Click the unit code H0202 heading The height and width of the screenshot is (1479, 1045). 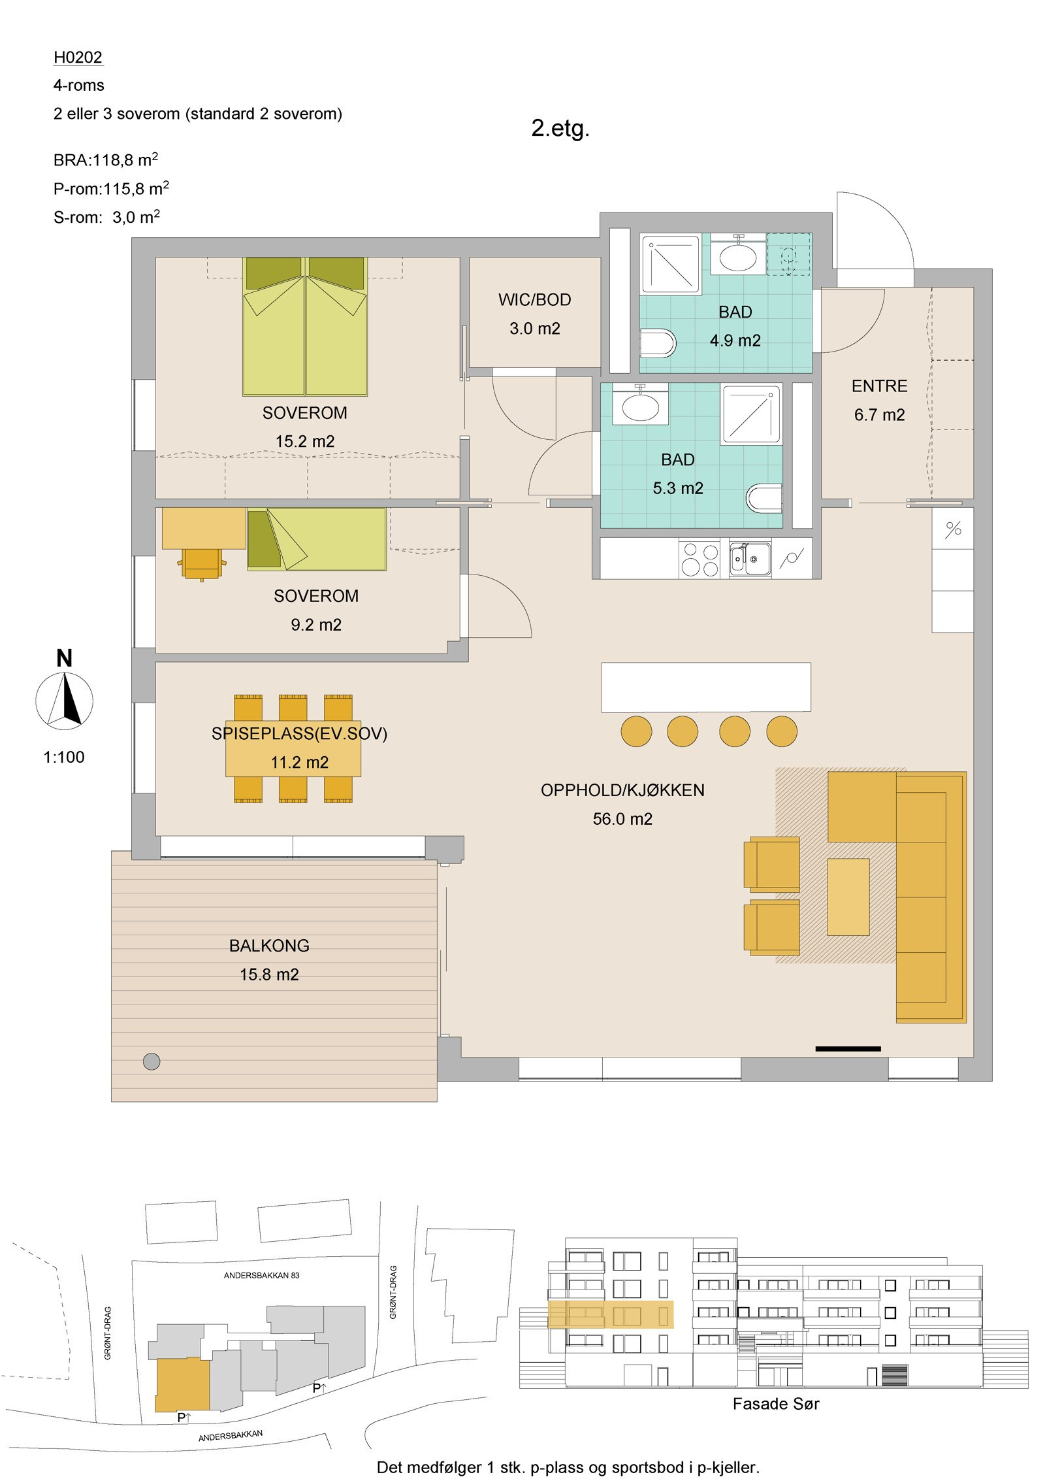(78, 58)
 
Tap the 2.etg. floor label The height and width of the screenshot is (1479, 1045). (560, 128)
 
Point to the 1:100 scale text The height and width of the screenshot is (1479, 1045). (64, 757)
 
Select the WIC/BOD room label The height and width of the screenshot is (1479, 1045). (535, 300)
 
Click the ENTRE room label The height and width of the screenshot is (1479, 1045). (879, 386)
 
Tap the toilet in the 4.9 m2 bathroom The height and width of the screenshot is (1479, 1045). (658, 343)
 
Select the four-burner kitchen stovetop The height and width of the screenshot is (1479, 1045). (699, 559)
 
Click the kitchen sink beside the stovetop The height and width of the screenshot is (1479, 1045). (750, 559)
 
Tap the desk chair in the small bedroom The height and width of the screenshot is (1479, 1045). (202, 564)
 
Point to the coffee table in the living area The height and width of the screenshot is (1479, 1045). (848, 897)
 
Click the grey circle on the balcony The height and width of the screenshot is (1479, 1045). (152, 1061)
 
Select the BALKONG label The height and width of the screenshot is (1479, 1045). (269, 946)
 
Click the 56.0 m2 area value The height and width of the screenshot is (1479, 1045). (622, 819)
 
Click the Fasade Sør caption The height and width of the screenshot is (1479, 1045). (776, 1404)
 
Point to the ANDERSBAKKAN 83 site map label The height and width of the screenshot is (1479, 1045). (261, 1275)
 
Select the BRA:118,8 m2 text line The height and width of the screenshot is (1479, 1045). (106, 159)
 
